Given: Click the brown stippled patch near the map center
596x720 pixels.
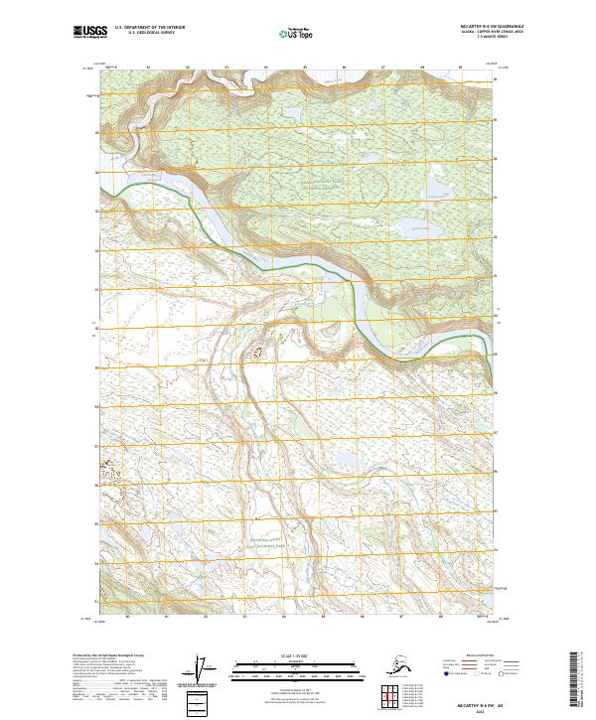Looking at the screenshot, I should (263, 351).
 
